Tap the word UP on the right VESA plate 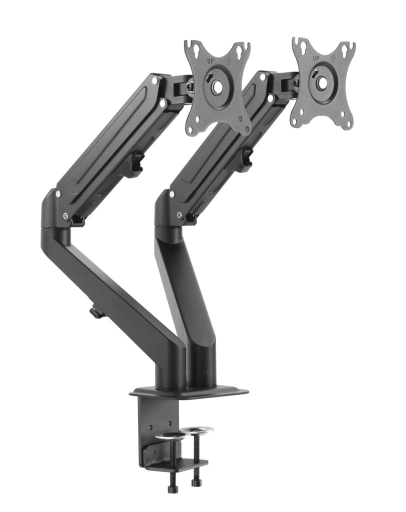(316, 58)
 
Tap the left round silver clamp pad (168, 436)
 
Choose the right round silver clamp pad (196, 430)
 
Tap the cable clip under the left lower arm (96, 313)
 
